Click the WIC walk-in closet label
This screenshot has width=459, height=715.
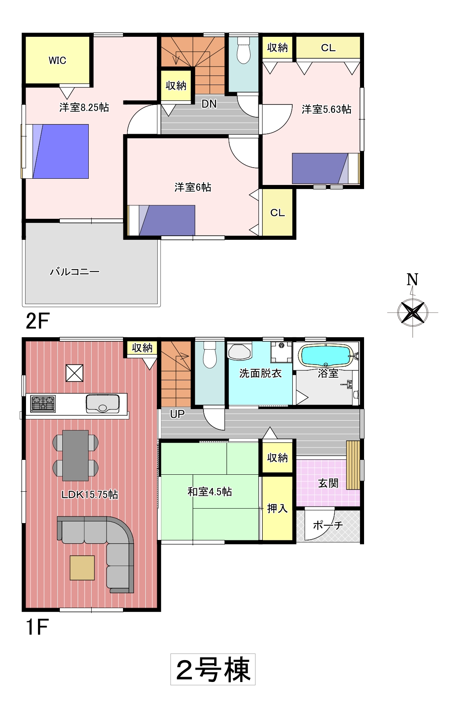(57, 61)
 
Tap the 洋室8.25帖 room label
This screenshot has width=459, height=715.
(84, 107)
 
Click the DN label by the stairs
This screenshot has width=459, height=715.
(209, 104)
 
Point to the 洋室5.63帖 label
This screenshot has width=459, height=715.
(327, 109)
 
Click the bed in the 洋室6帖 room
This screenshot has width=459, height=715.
(162, 220)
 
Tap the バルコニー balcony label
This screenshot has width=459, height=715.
(75, 272)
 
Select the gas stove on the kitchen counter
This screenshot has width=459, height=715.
(43, 404)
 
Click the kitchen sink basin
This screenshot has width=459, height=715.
(103, 404)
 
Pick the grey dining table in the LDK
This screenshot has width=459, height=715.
(76, 455)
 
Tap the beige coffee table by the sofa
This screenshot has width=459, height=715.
(82, 568)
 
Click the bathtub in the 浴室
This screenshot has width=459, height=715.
(326, 355)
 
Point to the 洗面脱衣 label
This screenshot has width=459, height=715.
(260, 373)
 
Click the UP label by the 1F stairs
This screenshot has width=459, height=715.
(177, 414)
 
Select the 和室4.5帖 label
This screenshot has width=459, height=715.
(210, 492)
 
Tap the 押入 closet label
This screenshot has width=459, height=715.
(277, 509)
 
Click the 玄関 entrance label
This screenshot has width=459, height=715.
(328, 483)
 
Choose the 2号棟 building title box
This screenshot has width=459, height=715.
(213, 669)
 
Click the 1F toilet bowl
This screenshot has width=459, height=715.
(210, 355)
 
